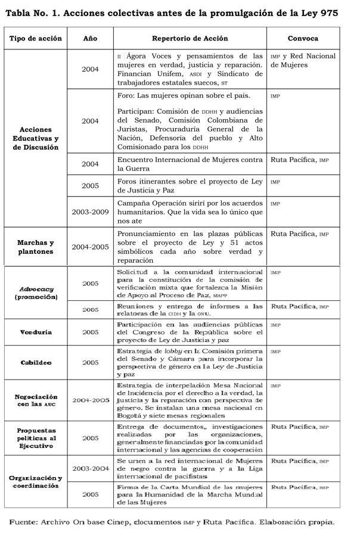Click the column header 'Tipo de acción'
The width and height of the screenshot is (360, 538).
36,38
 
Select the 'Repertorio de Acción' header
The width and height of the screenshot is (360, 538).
190,38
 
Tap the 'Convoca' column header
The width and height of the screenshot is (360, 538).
303,38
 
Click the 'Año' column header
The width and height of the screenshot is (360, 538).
90,38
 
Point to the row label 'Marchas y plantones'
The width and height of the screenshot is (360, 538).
36,247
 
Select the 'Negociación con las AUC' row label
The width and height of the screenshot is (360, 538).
36,400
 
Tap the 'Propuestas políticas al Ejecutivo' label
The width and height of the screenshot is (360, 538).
36,438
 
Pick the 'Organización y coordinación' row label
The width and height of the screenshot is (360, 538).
36,482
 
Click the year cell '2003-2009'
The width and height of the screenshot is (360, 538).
90,212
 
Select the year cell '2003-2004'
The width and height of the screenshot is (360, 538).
90,469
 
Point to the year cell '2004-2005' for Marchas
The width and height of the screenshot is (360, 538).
90,247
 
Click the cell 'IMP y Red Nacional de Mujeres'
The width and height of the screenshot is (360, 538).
303,60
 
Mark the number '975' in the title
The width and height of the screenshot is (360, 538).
327,13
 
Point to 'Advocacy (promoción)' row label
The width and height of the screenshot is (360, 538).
36,293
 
